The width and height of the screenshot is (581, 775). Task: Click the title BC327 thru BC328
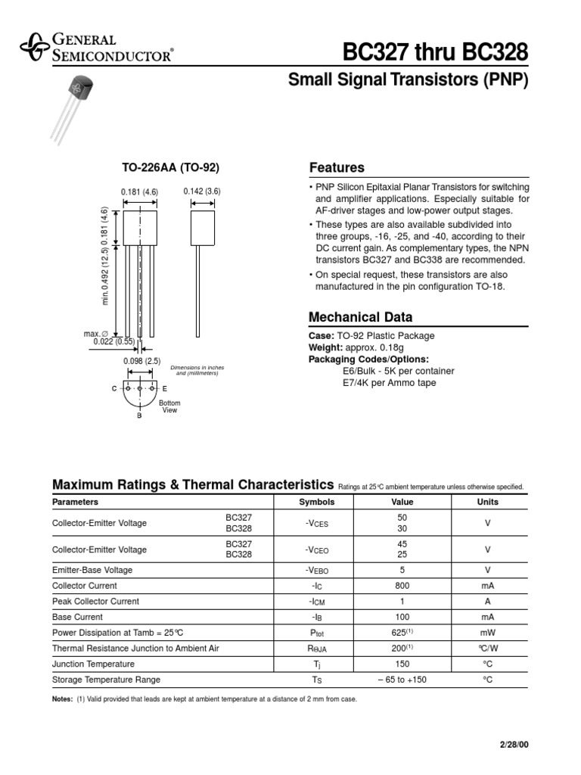[435, 52]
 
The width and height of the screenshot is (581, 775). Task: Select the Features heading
[337, 168]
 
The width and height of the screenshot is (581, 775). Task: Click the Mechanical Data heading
[361, 317]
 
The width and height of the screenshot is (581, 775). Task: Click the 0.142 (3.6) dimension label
[201, 191]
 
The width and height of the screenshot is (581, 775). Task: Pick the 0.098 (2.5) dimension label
[142, 361]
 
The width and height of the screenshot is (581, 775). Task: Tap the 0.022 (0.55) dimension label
[113, 342]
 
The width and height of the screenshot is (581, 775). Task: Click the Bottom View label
[170, 407]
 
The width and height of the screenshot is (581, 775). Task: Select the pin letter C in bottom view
[114, 387]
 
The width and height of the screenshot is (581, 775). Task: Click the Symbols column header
[316, 502]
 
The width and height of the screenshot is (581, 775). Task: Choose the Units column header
[487, 502]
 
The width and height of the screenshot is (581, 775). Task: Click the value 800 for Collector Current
[402, 586]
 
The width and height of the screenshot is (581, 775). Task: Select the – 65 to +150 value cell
[402, 680]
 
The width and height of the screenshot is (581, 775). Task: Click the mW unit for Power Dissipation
[487, 633]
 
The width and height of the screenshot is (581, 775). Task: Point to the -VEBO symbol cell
[316, 570]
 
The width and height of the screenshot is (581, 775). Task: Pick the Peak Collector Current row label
[95, 602]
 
